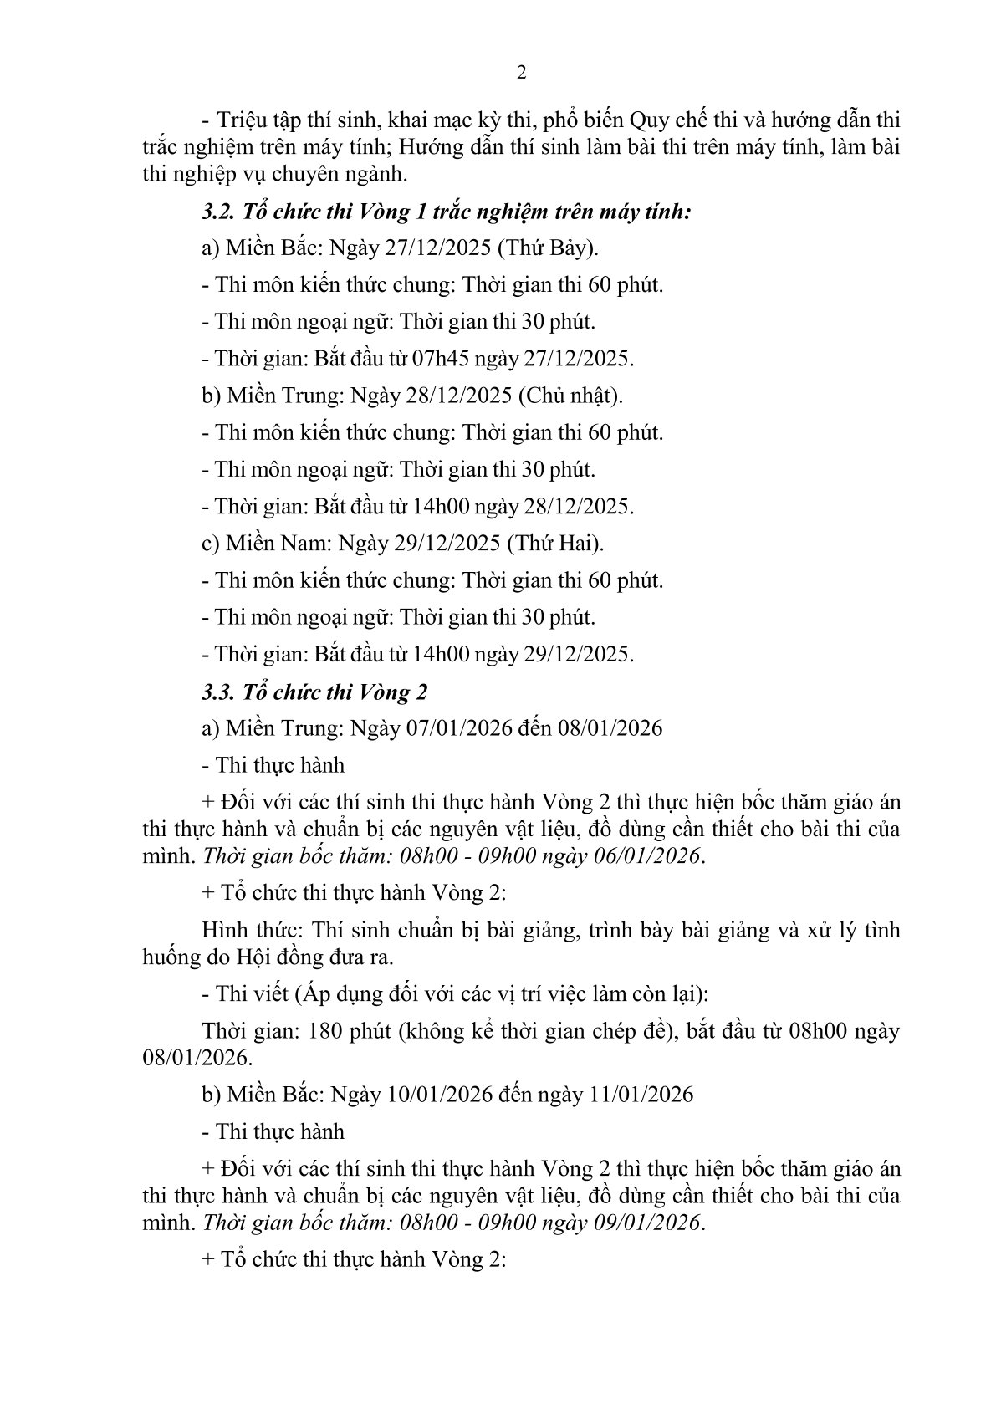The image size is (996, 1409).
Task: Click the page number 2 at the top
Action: click(x=522, y=73)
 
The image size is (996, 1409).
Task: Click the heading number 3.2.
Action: click(x=218, y=212)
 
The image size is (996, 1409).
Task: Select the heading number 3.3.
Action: click(x=218, y=692)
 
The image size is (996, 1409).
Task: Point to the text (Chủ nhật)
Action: click(x=570, y=396)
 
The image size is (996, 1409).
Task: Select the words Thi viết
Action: click(x=246, y=994)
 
